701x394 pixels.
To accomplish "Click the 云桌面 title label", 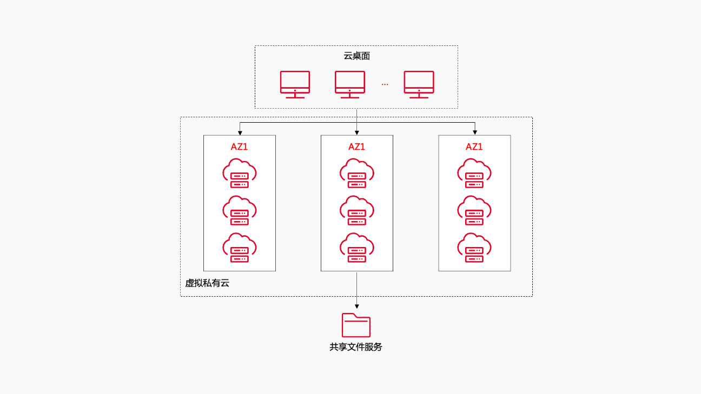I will tap(356, 56).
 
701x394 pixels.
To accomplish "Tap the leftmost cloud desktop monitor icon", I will tap(295, 84).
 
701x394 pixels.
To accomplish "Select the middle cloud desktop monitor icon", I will tap(349, 84).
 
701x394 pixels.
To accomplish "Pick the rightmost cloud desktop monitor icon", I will tap(419, 84).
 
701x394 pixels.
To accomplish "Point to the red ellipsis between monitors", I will tap(385, 84).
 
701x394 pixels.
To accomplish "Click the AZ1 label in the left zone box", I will tap(239, 146).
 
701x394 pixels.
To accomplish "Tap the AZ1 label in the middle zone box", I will tap(356, 146).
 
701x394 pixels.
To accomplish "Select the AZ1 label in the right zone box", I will tap(474, 146).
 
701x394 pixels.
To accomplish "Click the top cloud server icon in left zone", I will tap(239, 173).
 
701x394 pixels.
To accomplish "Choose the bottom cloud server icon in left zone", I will tap(239, 248).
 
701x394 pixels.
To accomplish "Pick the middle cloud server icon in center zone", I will tap(356, 210).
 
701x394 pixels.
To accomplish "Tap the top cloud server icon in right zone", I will tap(474, 173).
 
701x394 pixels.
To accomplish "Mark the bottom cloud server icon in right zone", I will tap(474, 248).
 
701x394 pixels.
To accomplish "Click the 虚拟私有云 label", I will tap(207, 283).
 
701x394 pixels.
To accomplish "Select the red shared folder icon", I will tap(356, 325).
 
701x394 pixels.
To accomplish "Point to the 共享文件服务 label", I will tap(356, 347).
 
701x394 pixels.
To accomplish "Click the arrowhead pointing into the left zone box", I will tap(240, 132).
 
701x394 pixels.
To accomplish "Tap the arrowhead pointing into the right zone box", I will tap(475, 132).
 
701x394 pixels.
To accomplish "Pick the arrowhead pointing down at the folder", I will tap(356, 306).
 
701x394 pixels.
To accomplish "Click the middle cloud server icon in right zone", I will tap(474, 210).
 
